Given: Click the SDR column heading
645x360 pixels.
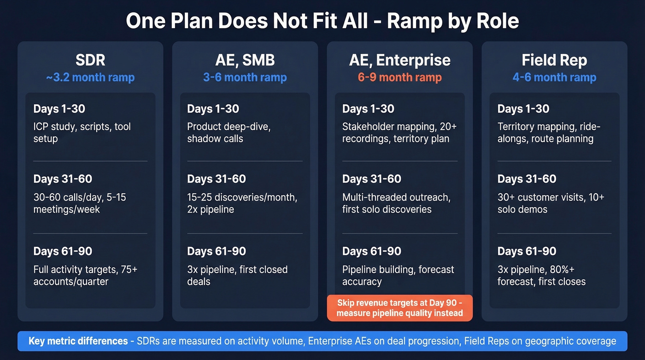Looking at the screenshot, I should [x=90, y=60].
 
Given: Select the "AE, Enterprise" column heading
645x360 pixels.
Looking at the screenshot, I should [x=399, y=60].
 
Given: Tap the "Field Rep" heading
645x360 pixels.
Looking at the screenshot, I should [x=554, y=60].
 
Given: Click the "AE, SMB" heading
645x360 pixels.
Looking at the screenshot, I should [x=245, y=60].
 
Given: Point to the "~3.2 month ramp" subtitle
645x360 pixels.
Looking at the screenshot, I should [x=90, y=77].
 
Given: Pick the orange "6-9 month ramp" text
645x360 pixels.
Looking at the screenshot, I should [x=399, y=77].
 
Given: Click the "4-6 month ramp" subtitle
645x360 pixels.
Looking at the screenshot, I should [x=554, y=77].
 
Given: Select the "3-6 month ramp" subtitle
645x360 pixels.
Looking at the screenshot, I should [x=245, y=77].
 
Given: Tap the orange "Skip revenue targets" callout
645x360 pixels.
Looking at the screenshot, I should [x=399, y=308].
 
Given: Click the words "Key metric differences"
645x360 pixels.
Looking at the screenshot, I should [x=78, y=341].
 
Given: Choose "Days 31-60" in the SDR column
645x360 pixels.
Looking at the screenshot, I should [x=63, y=179].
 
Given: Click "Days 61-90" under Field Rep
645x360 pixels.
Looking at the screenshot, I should [x=527, y=251].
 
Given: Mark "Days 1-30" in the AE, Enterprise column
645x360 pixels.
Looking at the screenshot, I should [x=368, y=109].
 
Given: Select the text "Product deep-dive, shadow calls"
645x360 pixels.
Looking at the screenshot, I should [x=229, y=132].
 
